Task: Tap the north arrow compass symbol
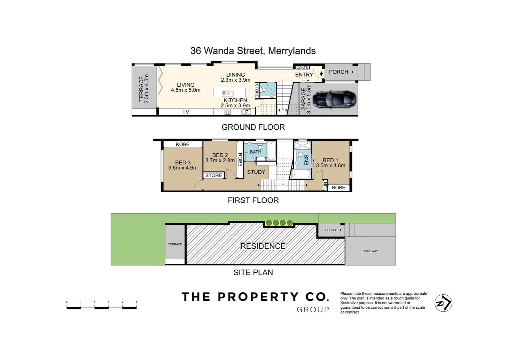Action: [x=443, y=303]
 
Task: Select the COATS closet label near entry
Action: [x=302, y=68]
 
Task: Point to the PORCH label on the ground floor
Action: [x=338, y=72]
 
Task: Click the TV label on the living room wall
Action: [x=186, y=112]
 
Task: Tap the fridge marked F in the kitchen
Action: [x=247, y=112]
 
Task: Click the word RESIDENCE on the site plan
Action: [x=263, y=246]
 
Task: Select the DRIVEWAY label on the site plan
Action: [x=370, y=251]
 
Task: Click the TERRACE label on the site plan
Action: [x=175, y=244]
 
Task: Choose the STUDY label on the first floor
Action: [x=256, y=172]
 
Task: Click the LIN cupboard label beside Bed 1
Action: [x=325, y=185]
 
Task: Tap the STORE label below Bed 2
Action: [x=214, y=175]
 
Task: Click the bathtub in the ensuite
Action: [x=301, y=175]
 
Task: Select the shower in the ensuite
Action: [x=302, y=146]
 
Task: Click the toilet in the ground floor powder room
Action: [x=264, y=90]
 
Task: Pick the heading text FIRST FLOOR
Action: [x=253, y=200]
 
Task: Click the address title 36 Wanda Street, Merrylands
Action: [x=253, y=51]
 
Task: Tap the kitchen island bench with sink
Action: [x=229, y=93]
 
